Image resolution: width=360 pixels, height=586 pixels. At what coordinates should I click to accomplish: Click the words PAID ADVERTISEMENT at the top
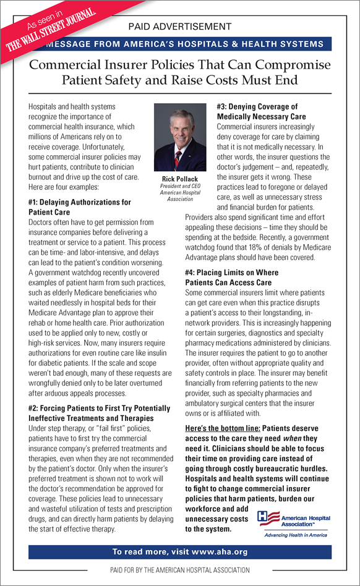pos(179,27)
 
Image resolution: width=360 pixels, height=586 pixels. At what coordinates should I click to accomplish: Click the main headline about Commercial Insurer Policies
pos(180,72)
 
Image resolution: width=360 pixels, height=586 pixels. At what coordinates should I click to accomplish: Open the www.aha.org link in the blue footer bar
pos(218,552)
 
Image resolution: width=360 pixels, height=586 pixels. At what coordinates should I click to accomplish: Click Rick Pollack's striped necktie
pos(179,155)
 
